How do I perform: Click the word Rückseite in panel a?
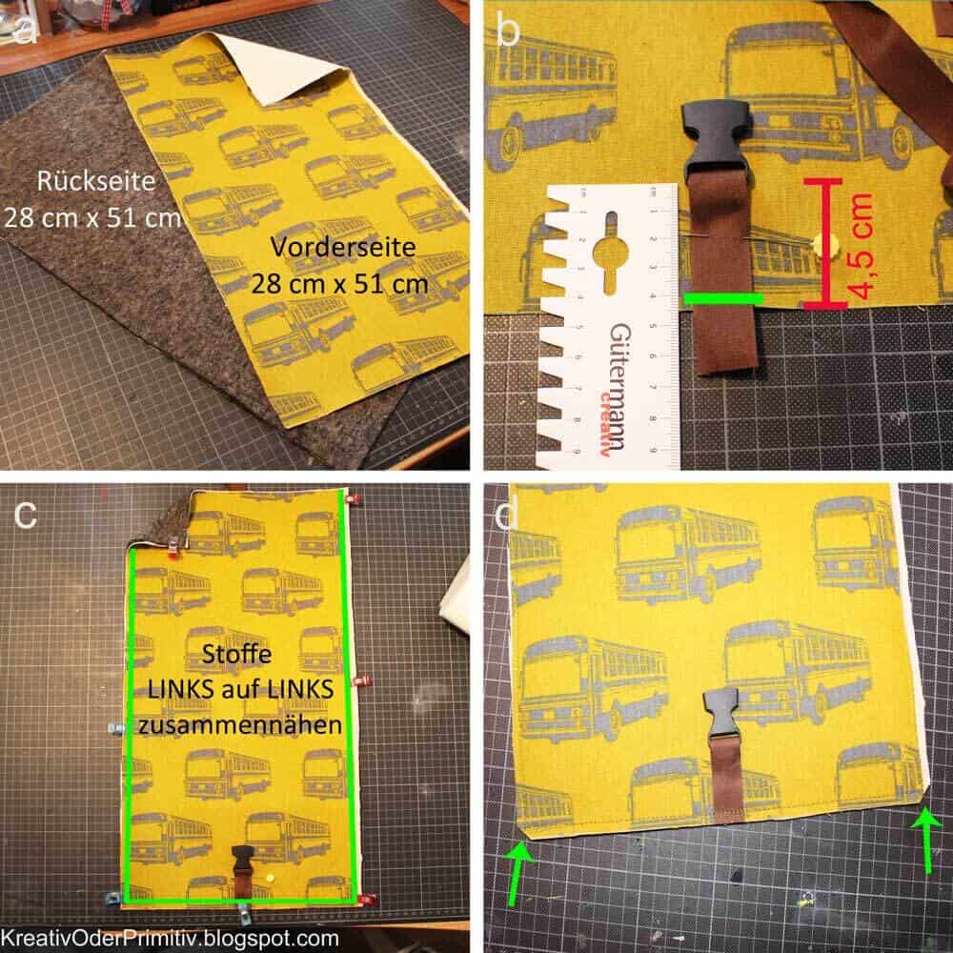click(x=95, y=181)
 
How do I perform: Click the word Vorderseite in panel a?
click(x=343, y=247)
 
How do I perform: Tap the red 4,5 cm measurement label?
click(x=861, y=246)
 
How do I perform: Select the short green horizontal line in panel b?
click(x=722, y=297)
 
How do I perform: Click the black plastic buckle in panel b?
click(x=717, y=140)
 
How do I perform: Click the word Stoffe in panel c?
click(x=236, y=654)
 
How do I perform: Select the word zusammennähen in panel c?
click(x=240, y=725)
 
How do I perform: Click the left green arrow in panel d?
click(x=518, y=872)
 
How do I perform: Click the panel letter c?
click(x=26, y=515)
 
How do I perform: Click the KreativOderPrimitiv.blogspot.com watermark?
click(x=171, y=938)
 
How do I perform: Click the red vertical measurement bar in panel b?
click(x=824, y=242)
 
